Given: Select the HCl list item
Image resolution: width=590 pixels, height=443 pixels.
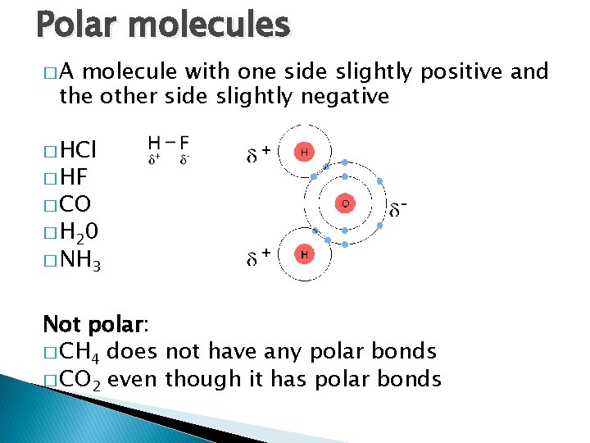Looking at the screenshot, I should click(x=78, y=150).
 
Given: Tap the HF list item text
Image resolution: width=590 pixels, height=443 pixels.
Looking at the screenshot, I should click(x=75, y=177).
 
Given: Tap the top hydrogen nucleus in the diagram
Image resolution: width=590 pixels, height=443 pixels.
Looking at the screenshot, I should click(x=304, y=152).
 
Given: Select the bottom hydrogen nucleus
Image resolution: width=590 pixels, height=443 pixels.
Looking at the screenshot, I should click(x=304, y=255).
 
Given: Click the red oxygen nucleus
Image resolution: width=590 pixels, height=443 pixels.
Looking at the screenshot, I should click(x=345, y=203).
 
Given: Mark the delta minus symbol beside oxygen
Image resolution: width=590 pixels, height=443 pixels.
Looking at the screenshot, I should click(x=397, y=208).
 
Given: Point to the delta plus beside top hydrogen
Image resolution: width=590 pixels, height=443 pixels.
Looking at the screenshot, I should click(x=260, y=153).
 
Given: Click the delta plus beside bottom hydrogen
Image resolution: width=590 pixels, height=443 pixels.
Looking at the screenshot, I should click(x=260, y=258).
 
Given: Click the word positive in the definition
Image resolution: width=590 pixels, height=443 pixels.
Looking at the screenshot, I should click(x=461, y=72).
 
